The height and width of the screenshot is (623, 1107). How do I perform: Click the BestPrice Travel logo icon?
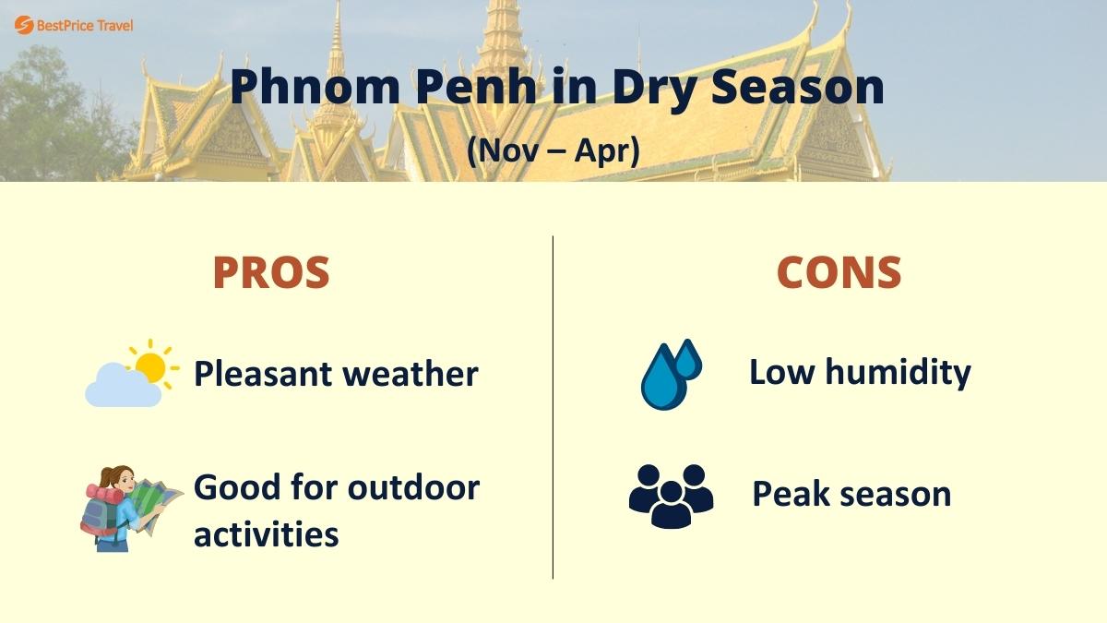[24, 25]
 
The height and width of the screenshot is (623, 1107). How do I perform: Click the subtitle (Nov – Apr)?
[553, 150]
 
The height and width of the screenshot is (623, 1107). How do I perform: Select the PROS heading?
[270, 272]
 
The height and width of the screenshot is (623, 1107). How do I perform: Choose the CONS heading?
[839, 272]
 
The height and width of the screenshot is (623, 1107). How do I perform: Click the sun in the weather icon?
[149, 365]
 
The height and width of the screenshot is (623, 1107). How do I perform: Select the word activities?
[266, 533]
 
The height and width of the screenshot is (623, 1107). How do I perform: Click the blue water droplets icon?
[670, 374]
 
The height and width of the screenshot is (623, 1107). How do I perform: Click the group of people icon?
[671, 496]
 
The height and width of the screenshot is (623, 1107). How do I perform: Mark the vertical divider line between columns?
[553, 406]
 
